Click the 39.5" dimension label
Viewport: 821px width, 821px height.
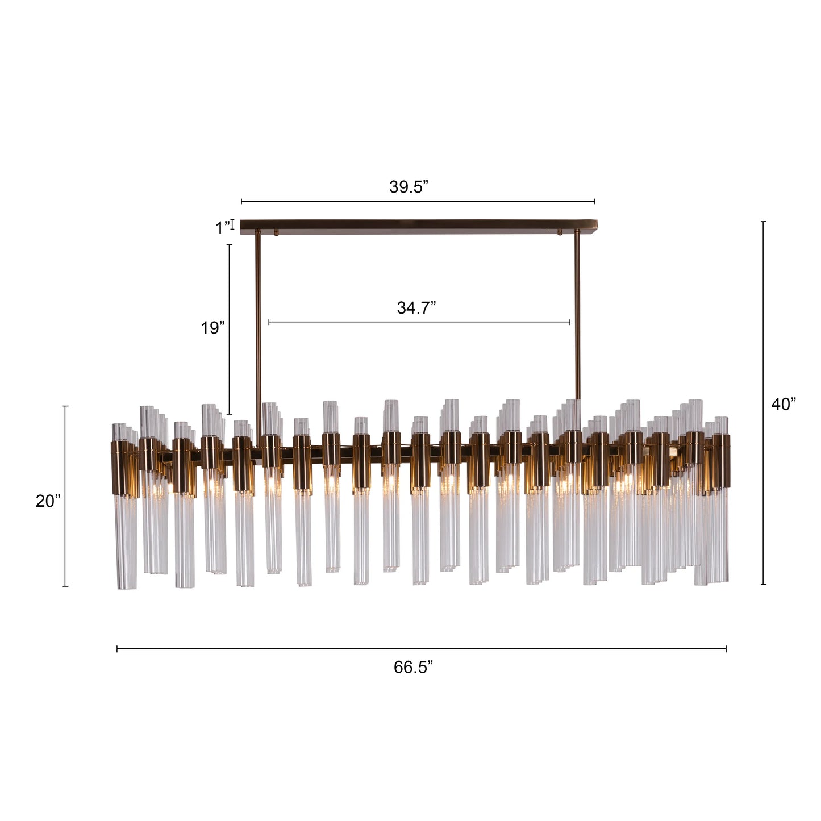tap(408, 187)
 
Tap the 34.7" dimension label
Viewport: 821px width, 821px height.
tap(416, 308)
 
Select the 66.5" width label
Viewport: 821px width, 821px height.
tap(413, 667)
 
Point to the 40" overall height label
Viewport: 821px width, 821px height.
tap(783, 405)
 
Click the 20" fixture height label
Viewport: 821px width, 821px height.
tap(48, 501)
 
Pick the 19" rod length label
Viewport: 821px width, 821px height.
tap(212, 328)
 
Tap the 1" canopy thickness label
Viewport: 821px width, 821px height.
tap(223, 228)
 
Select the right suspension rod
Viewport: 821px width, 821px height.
tap(577, 330)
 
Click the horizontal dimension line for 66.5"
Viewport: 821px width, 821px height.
tap(420, 649)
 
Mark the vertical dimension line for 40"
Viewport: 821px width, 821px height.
tap(763, 403)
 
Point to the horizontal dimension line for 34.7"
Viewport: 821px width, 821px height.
tap(419, 322)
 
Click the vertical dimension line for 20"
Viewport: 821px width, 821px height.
tap(65, 496)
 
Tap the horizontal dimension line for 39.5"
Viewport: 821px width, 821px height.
tap(418, 201)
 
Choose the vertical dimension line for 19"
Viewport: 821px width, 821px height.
tap(230, 330)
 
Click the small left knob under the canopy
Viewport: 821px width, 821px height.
tap(276, 232)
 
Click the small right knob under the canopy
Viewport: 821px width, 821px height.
tap(559, 232)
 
